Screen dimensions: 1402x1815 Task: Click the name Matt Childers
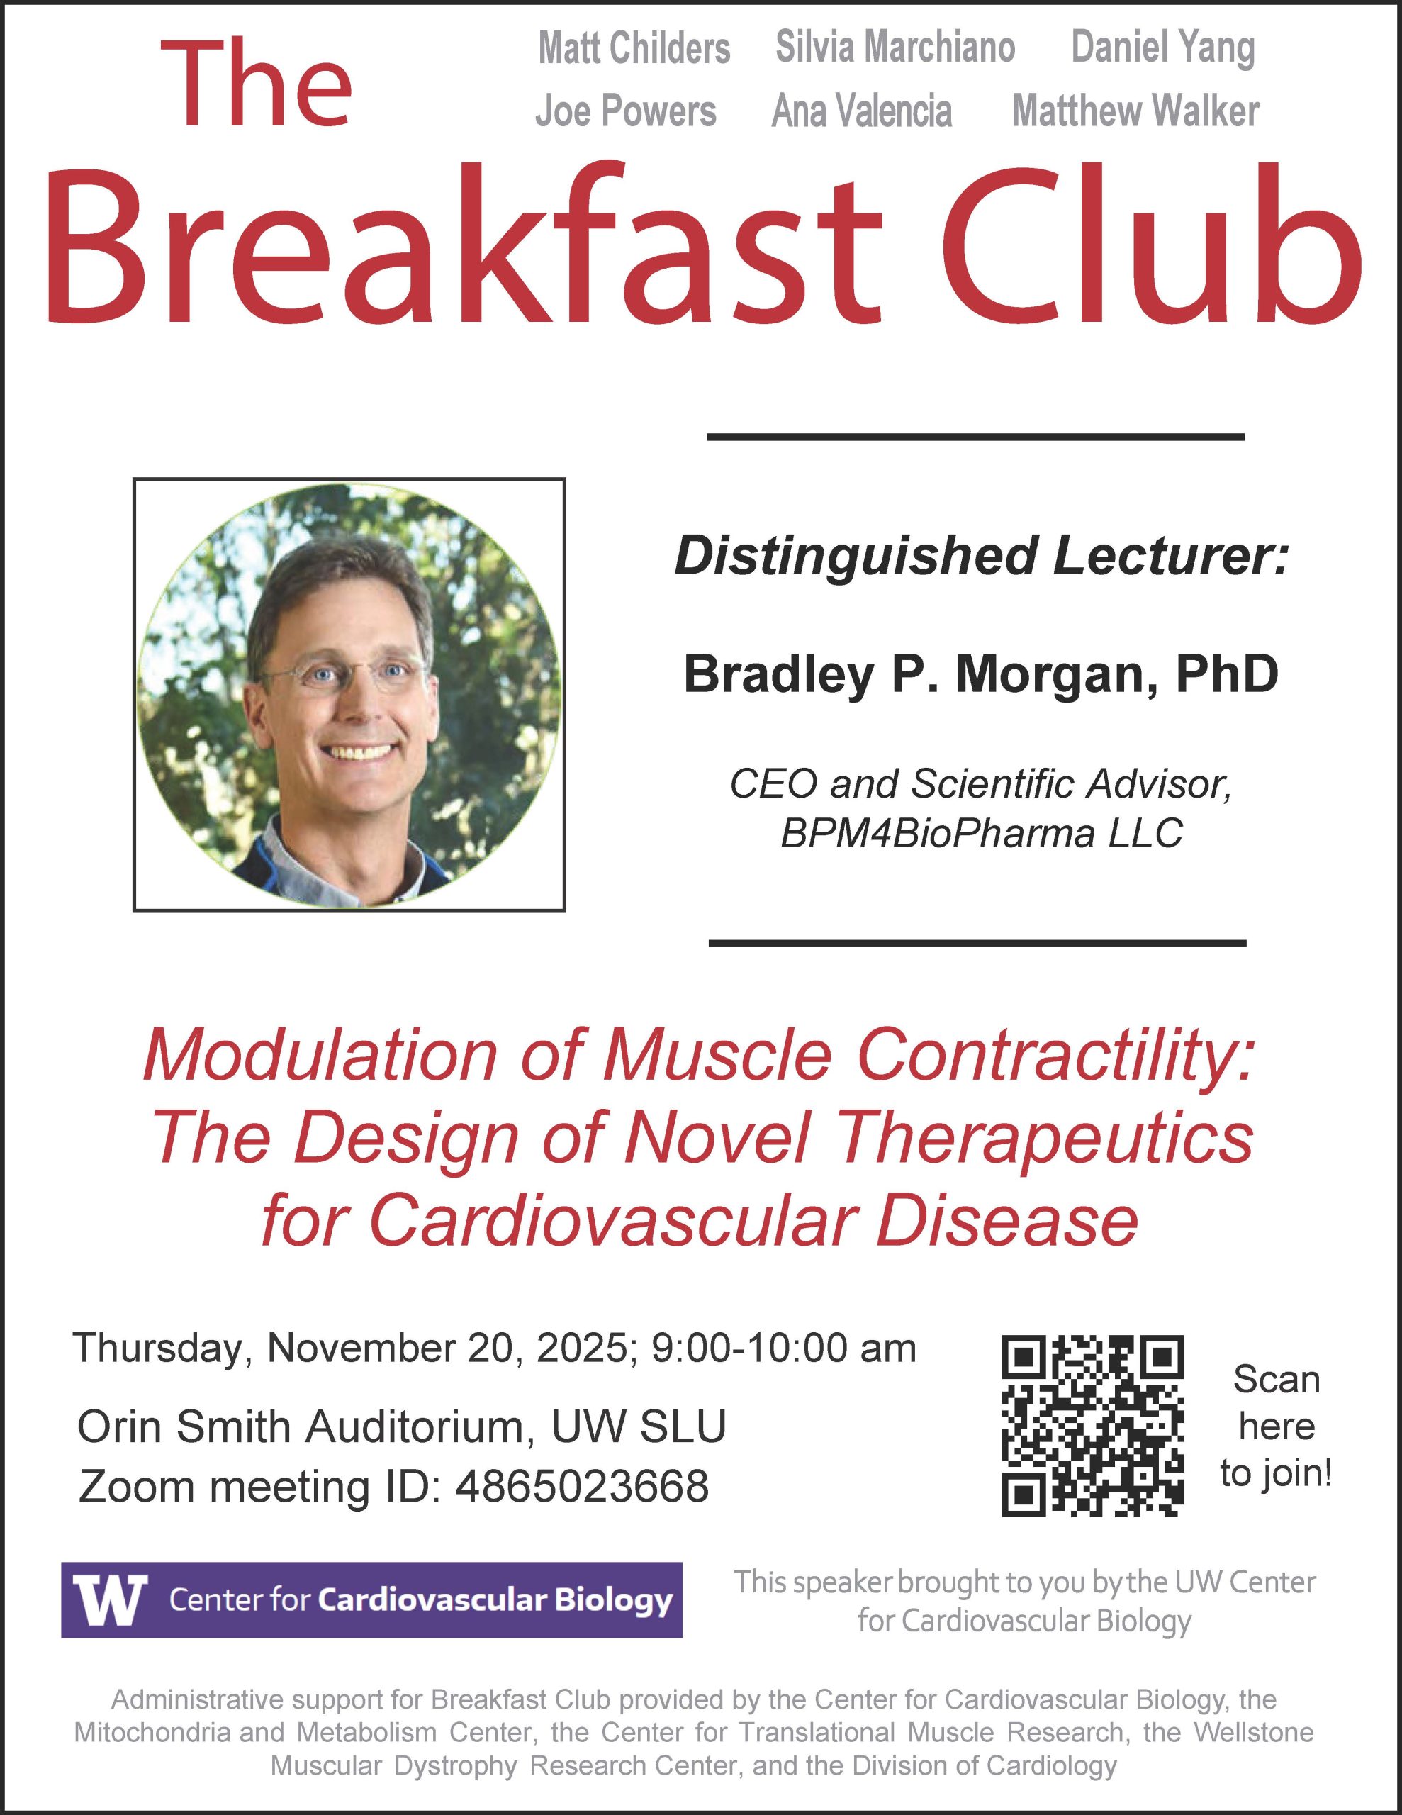[x=634, y=48]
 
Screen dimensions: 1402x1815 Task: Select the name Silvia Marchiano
[x=895, y=47]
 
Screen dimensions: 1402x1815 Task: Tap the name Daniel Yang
[x=1162, y=49]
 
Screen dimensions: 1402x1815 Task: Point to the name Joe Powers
[x=625, y=111]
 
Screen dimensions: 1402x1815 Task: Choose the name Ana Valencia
[x=862, y=111]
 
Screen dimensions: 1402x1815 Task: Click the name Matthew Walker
[x=1135, y=111]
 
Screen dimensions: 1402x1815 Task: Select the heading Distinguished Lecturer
[x=981, y=556]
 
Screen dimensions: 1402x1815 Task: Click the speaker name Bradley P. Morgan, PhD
[x=981, y=674]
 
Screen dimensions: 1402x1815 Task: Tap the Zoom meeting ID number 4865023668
[x=582, y=1487]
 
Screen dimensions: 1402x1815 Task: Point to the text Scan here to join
[x=1277, y=1426]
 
